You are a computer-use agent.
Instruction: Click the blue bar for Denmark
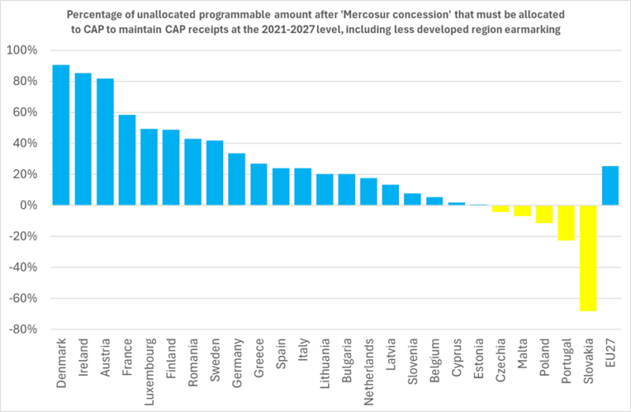tap(61, 135)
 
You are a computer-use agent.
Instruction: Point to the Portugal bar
tap(566, 223)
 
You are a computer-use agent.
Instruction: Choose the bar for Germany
tap(237, 179)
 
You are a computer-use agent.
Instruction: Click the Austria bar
tap(105, 142)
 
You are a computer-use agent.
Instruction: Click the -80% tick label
tap(21, 329)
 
